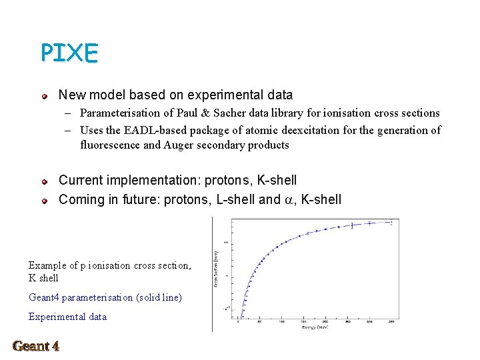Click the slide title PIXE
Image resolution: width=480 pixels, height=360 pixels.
point(69,53)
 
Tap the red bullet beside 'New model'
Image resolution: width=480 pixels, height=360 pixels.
point(45,97)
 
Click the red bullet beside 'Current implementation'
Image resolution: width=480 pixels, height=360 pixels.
point(45,181)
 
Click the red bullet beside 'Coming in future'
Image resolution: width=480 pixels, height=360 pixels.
point(45,200)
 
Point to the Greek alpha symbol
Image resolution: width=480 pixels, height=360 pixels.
point(289,200)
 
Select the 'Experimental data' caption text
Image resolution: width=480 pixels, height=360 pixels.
point(67,317)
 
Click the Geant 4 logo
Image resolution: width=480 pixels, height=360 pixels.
point(36,346)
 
